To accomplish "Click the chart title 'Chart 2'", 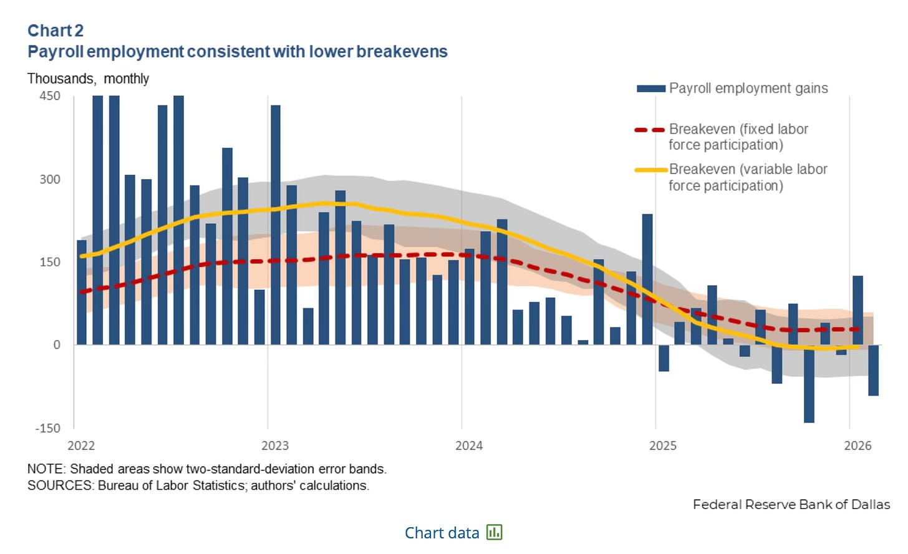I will click(x=56, y=31).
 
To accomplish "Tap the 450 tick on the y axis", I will click(x=50, y=96).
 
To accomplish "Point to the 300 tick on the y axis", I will click(x=50, y=180).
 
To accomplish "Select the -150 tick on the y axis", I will click(x=48, y=428).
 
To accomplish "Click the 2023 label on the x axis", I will click(x=275, y=445).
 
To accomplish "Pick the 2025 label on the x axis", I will click(x=663, y=445).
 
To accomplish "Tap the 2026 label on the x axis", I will click(x=857, y=445).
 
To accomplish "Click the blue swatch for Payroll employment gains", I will click(x=650, y=89).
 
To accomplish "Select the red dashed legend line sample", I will click(x=649, y=130).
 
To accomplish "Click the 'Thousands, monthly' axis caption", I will click(x=88, y=79).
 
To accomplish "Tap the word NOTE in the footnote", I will click(x=46, y=469).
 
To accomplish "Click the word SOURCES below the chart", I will click(x=60, y=485).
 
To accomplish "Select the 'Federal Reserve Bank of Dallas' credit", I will click(x=791, y=504).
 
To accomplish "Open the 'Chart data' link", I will click(x=442, y=533).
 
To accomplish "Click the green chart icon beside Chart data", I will click(x=495, y=532).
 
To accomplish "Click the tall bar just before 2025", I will click(x=647, y=279).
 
